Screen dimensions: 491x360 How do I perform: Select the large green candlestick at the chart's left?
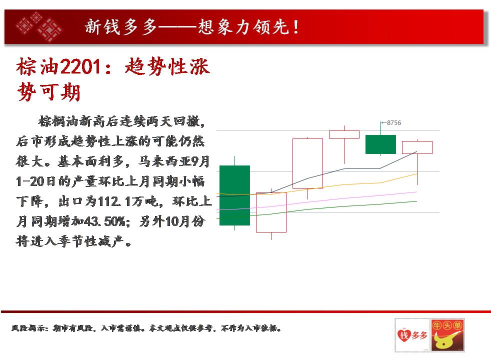click(234, 195)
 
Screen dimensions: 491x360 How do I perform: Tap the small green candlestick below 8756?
click(380, 144)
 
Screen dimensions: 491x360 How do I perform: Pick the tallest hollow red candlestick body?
click(307, 163)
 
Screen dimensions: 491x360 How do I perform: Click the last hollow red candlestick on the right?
click(417, 147)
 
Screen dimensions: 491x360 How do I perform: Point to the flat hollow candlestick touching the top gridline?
click(344, 134)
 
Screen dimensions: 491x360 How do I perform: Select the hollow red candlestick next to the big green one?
click(271, 212)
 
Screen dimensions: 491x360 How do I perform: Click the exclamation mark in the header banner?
click(295, 27)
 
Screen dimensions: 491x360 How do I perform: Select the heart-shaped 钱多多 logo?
click(412, 335)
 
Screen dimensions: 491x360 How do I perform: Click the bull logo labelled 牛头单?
click(447, 335)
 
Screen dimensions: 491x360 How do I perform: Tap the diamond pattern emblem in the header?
click(39, 27)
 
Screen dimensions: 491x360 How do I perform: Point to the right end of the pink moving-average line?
click(417, 192)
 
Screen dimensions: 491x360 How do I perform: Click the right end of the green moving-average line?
click(417, 201)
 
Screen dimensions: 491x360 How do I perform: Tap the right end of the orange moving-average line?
click(417, 173)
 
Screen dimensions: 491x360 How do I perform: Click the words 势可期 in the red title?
click(49, 92)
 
